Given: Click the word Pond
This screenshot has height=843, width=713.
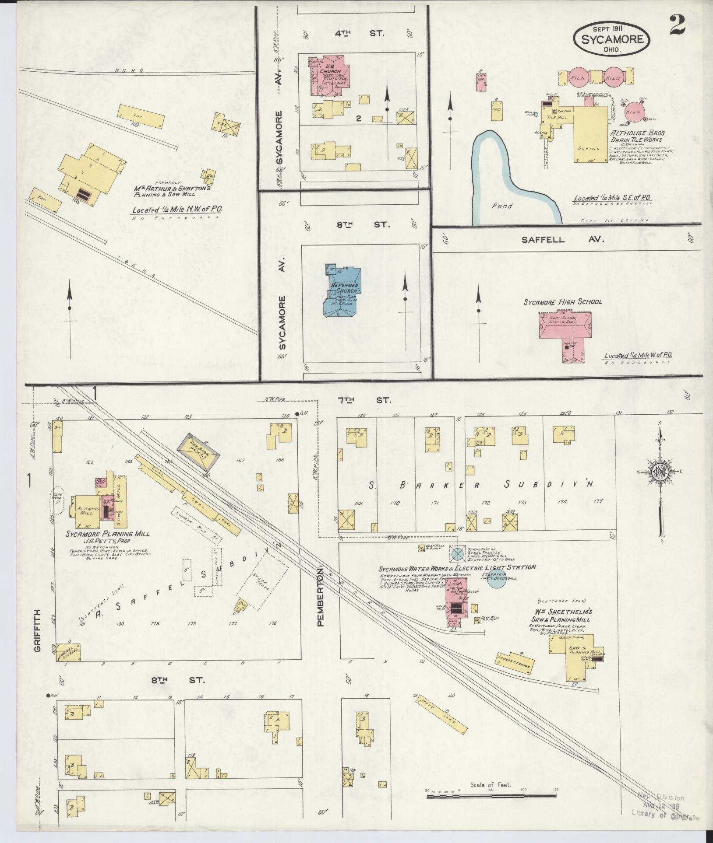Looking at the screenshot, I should [501, 206].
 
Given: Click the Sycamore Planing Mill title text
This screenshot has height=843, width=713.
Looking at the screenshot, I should [108, 534].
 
